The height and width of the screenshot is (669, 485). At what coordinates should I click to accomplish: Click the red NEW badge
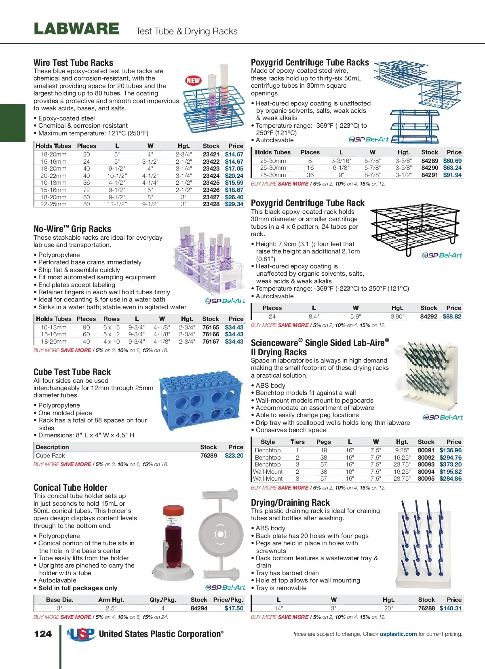click(193, 80)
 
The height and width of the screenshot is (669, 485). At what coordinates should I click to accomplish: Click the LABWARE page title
click(76, 29)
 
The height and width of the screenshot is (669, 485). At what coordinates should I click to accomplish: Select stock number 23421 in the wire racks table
click(211, 154)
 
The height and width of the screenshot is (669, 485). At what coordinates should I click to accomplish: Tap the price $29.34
click(234, 204)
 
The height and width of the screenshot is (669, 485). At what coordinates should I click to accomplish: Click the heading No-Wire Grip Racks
click(72, 229)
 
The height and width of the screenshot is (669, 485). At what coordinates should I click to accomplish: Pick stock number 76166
click(211, 334)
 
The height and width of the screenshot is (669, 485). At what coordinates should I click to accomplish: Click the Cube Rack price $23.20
click(234, 456)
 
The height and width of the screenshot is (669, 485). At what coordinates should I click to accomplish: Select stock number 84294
click(199, 608)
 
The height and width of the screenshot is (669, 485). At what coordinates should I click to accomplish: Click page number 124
click(43, 634)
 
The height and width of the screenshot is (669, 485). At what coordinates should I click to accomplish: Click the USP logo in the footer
click(81, 634)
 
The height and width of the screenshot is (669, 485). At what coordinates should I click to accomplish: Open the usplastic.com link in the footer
click(398, 634)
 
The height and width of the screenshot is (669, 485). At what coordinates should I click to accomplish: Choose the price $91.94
click(452, 175)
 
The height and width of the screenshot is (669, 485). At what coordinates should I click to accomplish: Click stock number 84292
click(428, 317)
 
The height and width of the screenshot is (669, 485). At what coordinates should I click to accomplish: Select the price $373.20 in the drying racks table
click(450, 464)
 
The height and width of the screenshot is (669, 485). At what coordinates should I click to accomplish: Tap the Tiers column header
click(297, 442)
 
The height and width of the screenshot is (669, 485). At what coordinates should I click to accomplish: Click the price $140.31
click(450, 608)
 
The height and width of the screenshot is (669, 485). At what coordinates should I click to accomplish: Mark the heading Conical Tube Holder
click(70, 488)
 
